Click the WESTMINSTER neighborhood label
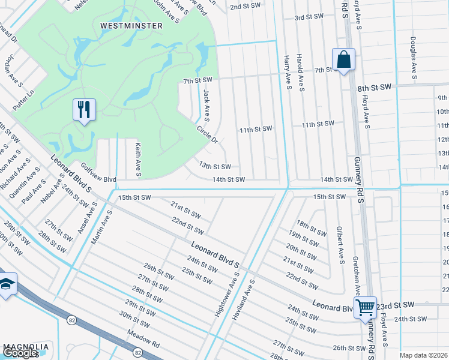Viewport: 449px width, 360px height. click(x=131, y=26)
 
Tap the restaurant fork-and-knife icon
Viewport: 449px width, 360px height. click(x=83, y=110)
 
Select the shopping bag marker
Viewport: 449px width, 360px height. click(x=343, y=60)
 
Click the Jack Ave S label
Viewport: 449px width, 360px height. click(x=206, y=103)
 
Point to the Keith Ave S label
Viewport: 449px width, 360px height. click(x=137, y=160)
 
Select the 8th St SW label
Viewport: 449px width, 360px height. click(x=374, y=88)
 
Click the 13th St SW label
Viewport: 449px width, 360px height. click(x=215, y=166)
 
